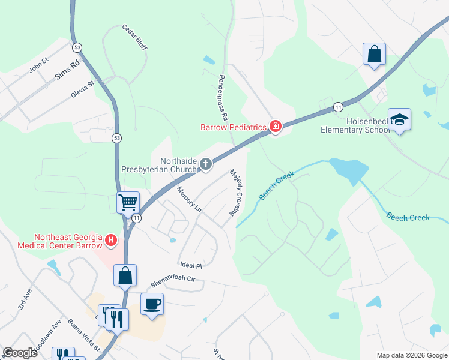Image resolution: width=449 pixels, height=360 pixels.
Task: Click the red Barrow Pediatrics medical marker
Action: click(x=276, y=127)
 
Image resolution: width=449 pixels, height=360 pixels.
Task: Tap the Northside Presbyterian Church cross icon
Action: click(x=206, y=164)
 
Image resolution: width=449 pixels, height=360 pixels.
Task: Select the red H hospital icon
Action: click(x=111, y=241)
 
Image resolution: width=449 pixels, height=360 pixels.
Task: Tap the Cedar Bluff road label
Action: click(x=135, y=37)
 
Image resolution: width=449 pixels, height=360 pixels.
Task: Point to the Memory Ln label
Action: click(x=189, y=199)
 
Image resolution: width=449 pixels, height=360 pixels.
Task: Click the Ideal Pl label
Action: click(x=191, y=265)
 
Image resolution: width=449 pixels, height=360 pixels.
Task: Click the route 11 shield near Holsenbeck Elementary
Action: click(x=339, y=107)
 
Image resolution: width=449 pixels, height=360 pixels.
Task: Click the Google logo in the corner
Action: click(x=19, y=353)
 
